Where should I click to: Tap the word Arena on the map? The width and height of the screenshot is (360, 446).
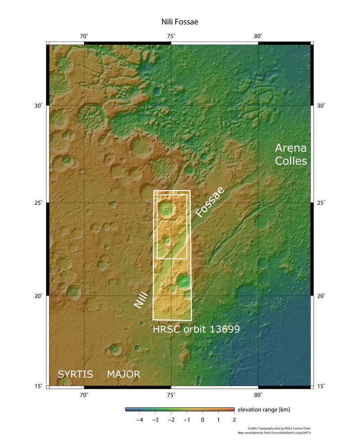[x=291, y=148]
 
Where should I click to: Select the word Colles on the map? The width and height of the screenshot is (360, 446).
[x=292, y=161]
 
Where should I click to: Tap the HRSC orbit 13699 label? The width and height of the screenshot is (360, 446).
[x=196, y=329]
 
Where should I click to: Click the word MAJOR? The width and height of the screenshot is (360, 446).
[x=123, y=374]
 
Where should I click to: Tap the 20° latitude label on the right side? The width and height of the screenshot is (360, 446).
[x=321, y=296]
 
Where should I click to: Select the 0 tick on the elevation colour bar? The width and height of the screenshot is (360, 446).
[x=202, y=419]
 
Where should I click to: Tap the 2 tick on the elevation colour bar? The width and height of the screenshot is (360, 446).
[x=234, y=419]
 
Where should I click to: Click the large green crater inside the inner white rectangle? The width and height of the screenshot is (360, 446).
[x=167, y=208]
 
